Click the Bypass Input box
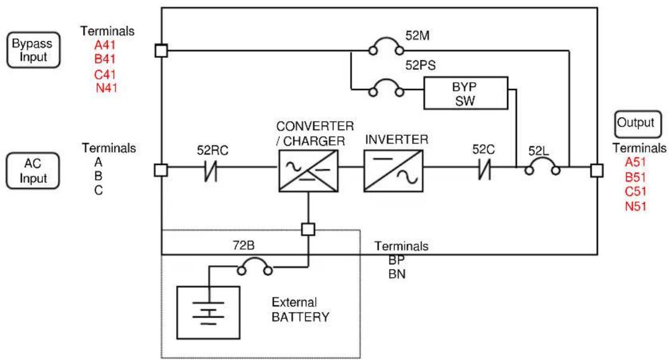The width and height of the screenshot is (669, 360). pyautogui.click(x=33, y=50)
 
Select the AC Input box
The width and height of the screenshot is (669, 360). pyautogui.click(x=33, y=170)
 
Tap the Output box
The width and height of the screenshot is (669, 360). pyautogui.click(x=638, y=124)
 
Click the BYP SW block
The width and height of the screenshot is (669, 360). pyautogui.click(x=465, y=93)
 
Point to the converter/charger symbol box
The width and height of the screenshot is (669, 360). pyautogui.click(x=308, y=170)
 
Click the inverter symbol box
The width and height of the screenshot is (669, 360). pyautogui.click(x=393, y=170)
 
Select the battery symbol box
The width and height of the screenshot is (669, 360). pyautogui.click(x=209, y=312)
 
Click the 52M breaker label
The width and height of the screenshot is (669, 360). pyautogui.click(x=417, y=35)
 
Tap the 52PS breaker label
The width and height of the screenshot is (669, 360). pyautogui.click(x=420, y=66)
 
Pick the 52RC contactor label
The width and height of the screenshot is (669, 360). pyautogui.click(x=213, y=150)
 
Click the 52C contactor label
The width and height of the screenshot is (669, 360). pyautogui.click(x=483, y=150)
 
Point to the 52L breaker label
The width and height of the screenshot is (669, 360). pyautogui.click(x=539, y=151)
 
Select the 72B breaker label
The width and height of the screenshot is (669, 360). pyautogui.click(x=244, y=245)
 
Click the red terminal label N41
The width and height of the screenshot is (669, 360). pyautogui.click(x=106, y=88)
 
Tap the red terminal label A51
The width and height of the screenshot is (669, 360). pyautogui.click(x=635, y=162)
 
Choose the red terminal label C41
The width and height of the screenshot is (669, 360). pyautogui.click(x=105, y=75)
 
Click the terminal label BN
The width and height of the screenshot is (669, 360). pyautogui.click(x=397, y=274)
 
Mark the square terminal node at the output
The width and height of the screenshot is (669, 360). pyautogui.click(x=597, y=170)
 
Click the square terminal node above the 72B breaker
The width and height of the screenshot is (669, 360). pyautogui.click(x=308, y=229)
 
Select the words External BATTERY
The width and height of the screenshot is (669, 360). pyautogui.click(x=300, y=309)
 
